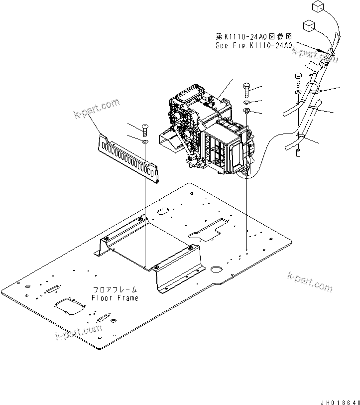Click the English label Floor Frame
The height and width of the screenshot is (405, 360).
[x=115, y=298]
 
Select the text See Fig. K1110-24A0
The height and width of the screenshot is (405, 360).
[x=253, y=45]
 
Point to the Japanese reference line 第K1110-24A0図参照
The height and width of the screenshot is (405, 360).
[x=253, y=36]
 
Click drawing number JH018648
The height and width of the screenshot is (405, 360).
[x=340, y=401]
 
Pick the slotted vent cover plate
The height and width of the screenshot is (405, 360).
[x=129, y=155]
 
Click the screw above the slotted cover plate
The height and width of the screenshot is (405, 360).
[x=144, y=131]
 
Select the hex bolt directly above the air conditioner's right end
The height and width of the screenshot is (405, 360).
[x=248, y=90]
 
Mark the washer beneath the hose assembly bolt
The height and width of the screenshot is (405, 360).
[x=298, y=93]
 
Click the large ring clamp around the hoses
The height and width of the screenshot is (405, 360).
[x=313, y=90]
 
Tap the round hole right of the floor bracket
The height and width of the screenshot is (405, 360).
[x=216, y=270]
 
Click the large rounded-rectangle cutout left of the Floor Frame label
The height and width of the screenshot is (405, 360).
[x=70, y=309]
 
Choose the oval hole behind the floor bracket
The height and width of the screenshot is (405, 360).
[x=163, y=212]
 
